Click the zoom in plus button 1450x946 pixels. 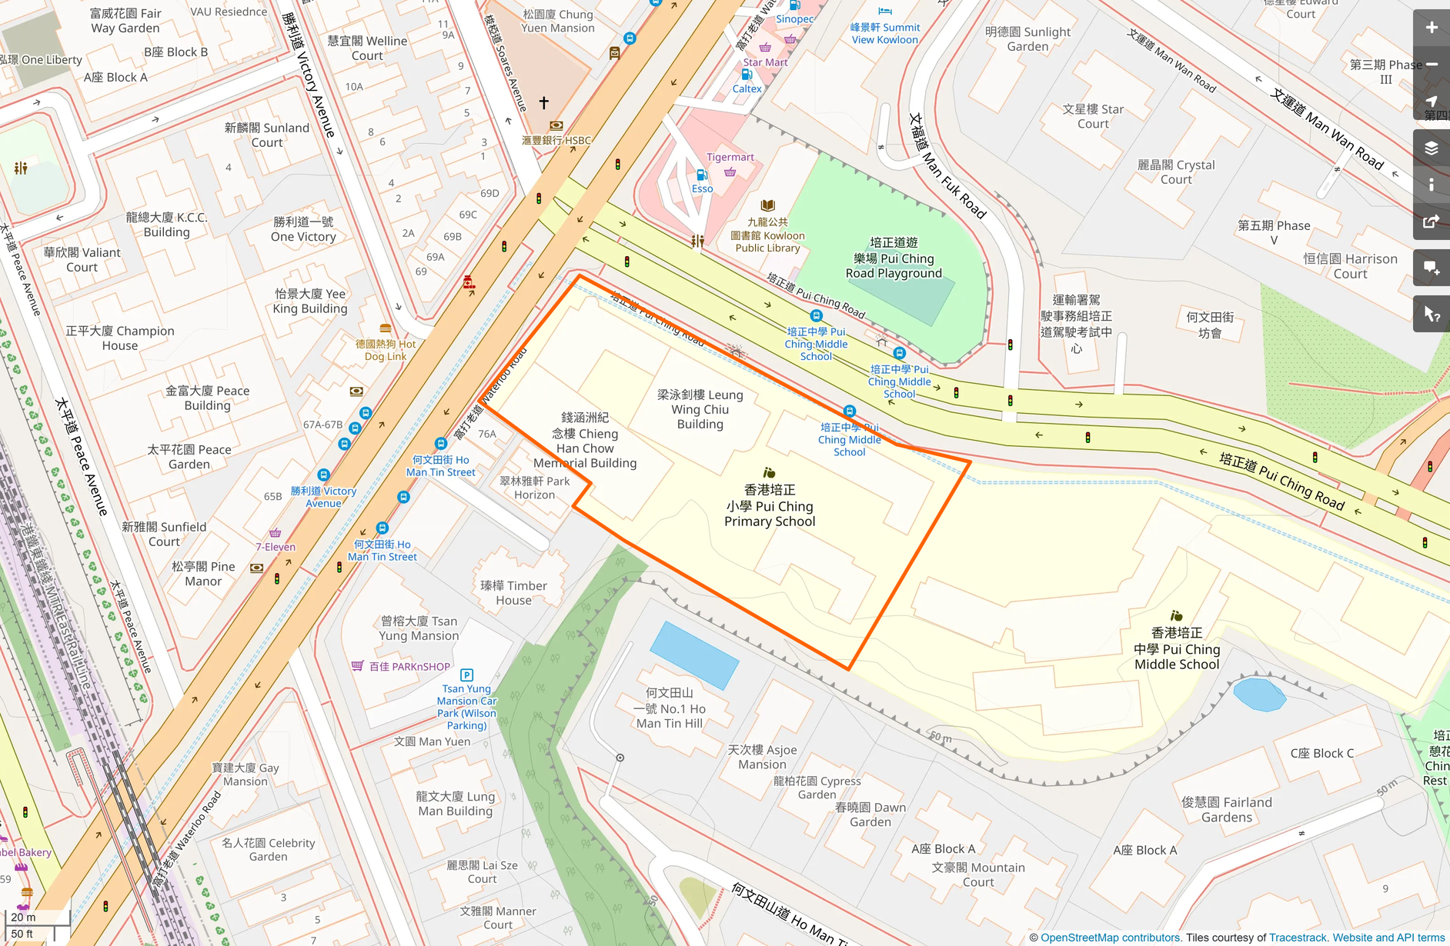pos(1431,28)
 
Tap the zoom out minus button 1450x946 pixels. pos(1431,65)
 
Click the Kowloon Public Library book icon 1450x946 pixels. pos(767,205)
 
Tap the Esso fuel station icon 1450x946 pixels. pos(701,175)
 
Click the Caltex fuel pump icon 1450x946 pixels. pos(746,75)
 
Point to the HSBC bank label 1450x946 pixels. pos(556,140)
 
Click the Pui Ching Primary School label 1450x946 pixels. pos(769,505)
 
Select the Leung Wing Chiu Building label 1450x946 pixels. pos(700,409)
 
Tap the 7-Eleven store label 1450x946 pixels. pos(276,547)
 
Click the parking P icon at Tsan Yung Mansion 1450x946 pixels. pos(466,675)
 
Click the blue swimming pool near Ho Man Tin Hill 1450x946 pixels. pos(693,655)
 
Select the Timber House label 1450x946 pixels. pos(513,592)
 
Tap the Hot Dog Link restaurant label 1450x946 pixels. pos(386,350)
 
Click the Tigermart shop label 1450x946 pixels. pos(730,157)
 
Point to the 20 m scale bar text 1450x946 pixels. pos(23,917)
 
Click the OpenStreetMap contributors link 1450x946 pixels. pos(1109,938)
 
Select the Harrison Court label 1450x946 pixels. pos(1350,266)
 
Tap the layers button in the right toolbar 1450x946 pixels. pos(1431,148)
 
